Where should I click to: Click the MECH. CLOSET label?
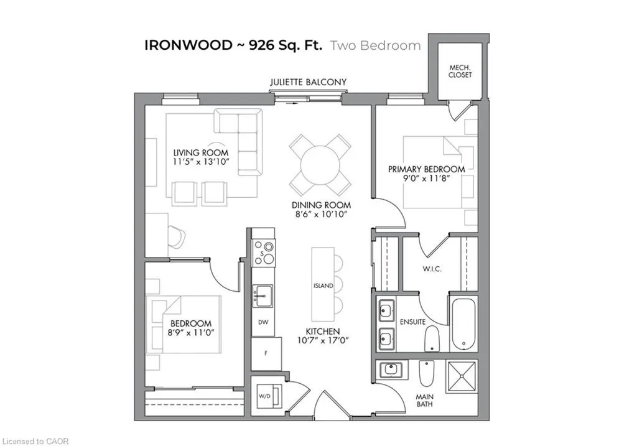460,71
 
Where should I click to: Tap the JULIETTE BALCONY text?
309,82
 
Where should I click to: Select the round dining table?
320,165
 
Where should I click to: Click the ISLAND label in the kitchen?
323,286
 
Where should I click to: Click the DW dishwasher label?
263,322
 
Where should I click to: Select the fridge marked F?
266,353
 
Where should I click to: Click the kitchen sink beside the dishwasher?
263,296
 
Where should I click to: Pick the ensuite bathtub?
463,323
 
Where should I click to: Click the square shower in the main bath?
461,377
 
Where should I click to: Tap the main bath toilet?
426,373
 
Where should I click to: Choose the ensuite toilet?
432,338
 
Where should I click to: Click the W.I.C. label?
432,269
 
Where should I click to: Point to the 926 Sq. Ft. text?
286,45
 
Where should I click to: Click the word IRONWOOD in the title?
188,45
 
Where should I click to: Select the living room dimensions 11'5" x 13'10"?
201,162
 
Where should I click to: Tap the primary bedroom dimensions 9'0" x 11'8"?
426,178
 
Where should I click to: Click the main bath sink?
391,369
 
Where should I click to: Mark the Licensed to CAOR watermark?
35,441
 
